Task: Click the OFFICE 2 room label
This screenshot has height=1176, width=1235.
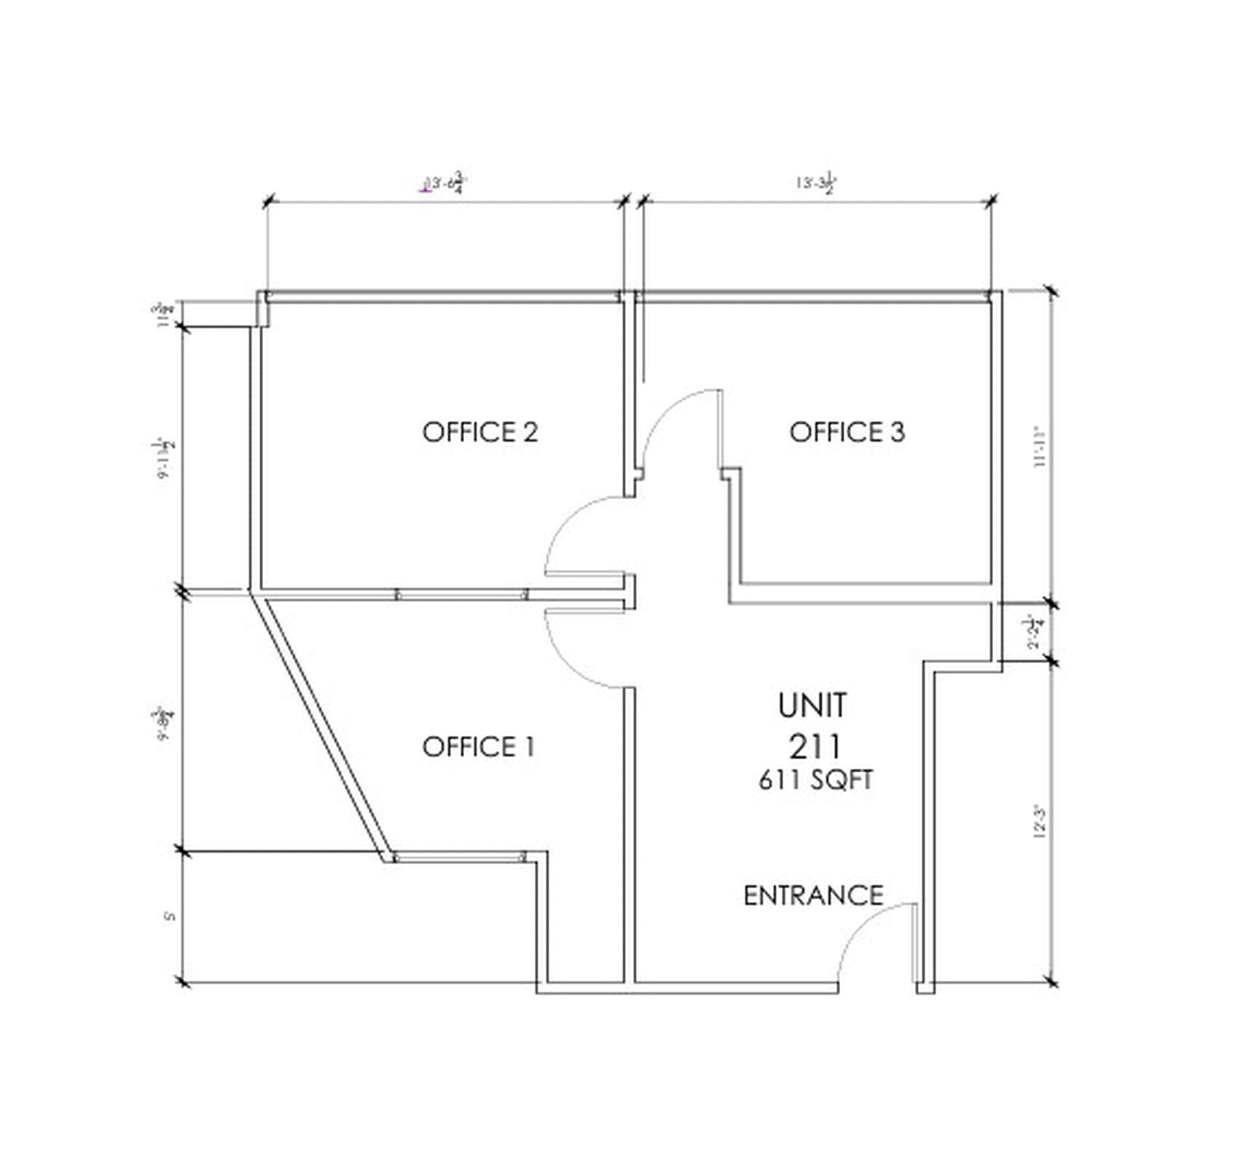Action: (x=480, y=432)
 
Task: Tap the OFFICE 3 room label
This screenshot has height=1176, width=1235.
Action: (x=847, y=432)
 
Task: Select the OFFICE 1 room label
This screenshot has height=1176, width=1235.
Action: (x=479, y=747)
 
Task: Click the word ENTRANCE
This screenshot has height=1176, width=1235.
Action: (x=813, y=895)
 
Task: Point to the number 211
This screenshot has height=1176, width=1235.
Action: (x=815, y=747)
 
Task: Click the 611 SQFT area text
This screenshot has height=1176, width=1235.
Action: (x=815, y=780)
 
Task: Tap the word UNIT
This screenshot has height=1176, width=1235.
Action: (x=812, y=705)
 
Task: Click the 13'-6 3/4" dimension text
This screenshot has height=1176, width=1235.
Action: (x=446, y=184)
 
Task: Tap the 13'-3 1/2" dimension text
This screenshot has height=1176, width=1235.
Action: (x=815, y=183)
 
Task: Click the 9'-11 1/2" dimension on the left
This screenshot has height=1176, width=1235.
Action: (x=163, y=458)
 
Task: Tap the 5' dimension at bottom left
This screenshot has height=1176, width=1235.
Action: (x=171, y=916)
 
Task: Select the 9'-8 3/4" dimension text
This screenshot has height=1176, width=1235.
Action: (x=163, y=722)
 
